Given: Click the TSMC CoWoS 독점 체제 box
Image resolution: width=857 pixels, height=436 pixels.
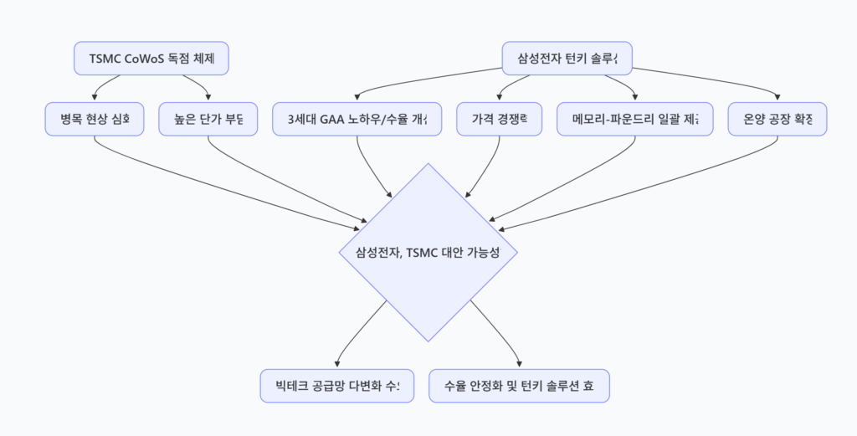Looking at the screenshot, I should [151, 59].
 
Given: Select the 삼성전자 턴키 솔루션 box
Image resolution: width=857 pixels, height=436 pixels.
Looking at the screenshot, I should [567, 59].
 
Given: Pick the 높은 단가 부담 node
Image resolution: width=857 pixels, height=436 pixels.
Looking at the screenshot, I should [208, 119].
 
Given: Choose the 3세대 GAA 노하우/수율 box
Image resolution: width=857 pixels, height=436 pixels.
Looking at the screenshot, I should [357, 119].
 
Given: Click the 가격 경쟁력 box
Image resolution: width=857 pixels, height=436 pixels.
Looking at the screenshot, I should [499, 119].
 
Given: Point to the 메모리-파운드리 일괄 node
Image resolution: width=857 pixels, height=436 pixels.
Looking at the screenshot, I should [634, 119].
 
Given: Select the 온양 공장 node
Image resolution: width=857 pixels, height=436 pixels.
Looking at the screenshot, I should [777, 119].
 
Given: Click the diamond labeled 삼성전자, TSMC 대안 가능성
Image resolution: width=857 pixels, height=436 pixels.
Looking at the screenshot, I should [428, 252].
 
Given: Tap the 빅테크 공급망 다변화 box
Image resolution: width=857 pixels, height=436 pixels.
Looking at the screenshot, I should [337, 386].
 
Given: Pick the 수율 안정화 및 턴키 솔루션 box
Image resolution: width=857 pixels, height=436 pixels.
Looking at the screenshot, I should [520, 386].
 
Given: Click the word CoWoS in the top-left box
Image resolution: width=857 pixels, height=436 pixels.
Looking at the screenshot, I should [145, 59].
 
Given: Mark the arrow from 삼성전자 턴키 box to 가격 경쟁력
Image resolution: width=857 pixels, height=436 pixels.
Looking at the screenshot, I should [510, 85].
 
